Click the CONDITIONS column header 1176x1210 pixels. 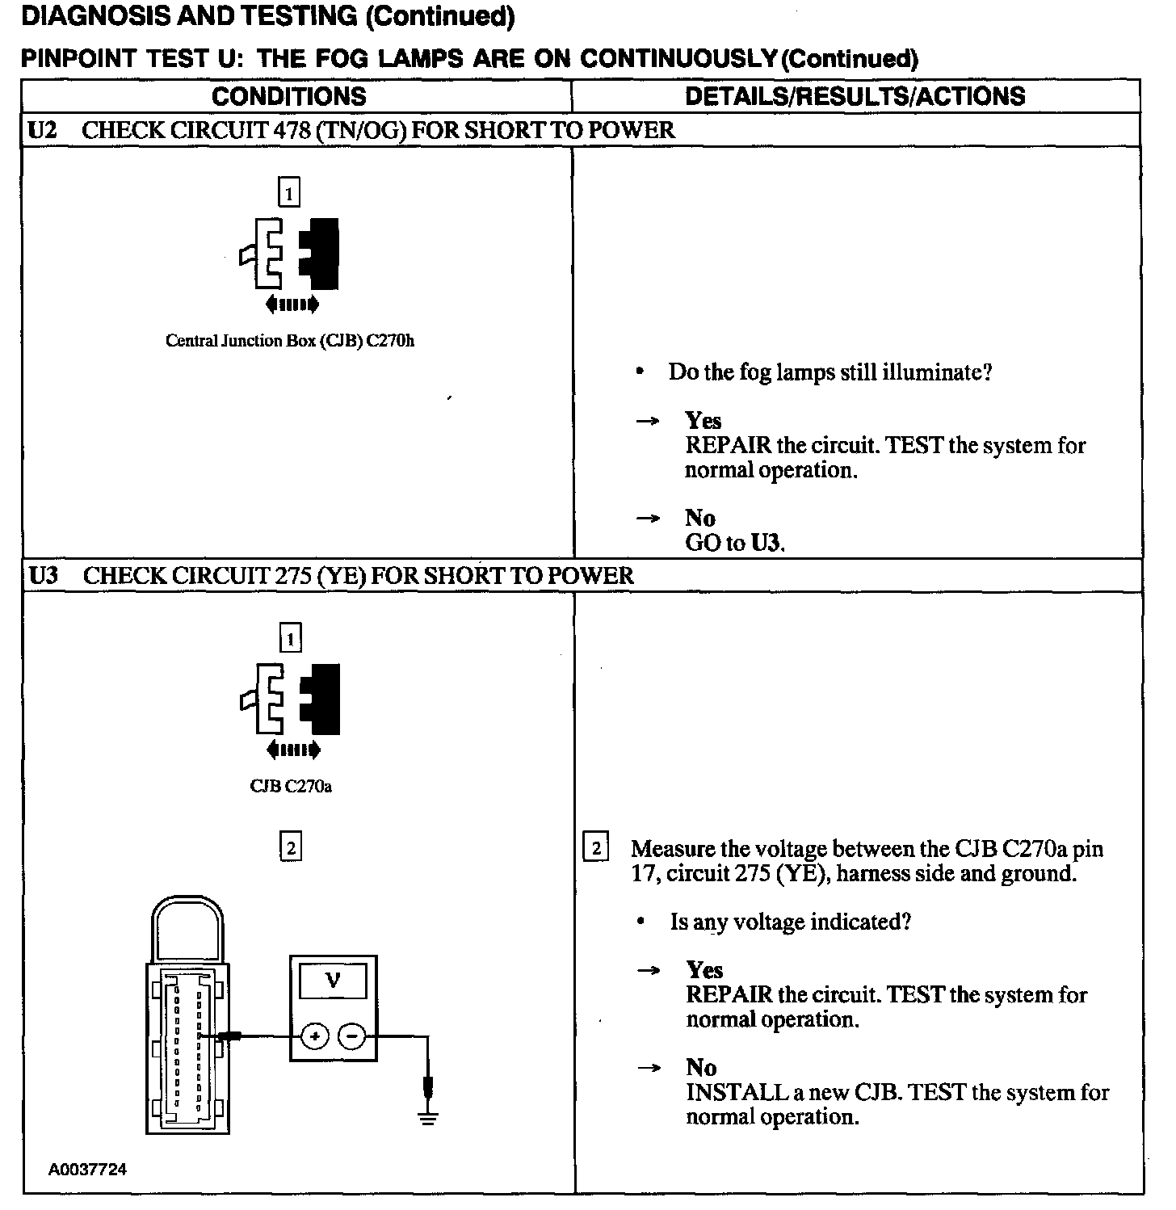(x=288, y=97)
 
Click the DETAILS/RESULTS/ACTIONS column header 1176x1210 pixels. (x=855, y=97)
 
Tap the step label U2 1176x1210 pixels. (x=42, y=131)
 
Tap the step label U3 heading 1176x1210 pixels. (x=43, y=576)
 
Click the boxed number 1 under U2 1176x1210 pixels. (x=288, y=192)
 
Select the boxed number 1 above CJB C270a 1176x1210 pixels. (x=290, y=638)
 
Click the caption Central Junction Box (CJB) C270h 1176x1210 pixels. (x=290, y=341)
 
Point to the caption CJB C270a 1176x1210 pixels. (x=291, y=787)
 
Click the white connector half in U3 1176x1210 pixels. (x=267, y=700)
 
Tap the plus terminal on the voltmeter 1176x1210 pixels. (x=316, y=1036)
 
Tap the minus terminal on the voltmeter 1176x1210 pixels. (x=351, y=1036)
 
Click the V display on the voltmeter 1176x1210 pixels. (x=333, y=981)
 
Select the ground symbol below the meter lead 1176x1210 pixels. (x=428, y=1119)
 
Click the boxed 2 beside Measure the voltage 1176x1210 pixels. (x=596, y=848)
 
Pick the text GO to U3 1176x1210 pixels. (x=735, y=543)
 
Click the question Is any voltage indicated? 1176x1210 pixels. (x=790, y=922)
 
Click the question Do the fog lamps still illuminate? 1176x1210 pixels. (x=829, y=372)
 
